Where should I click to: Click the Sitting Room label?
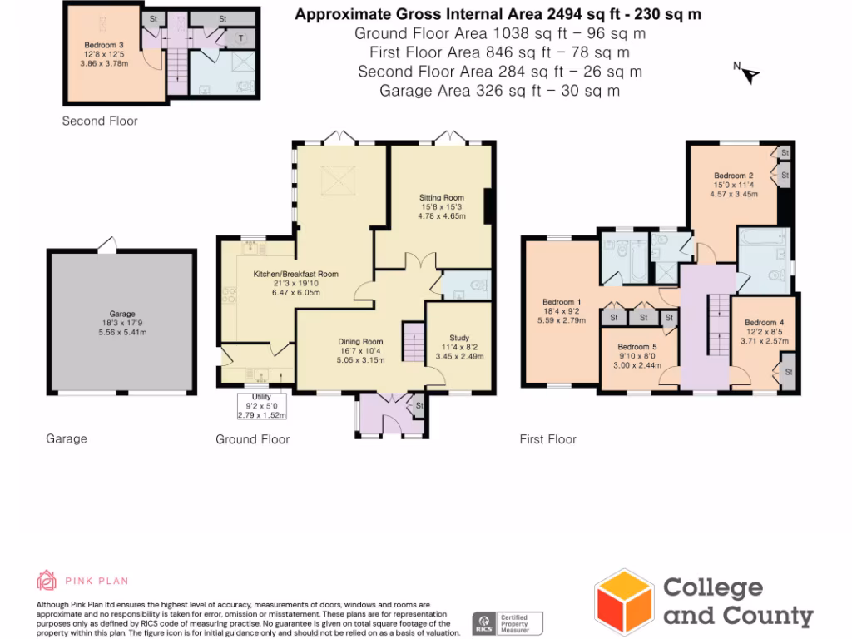pyautogui.click(x=441, y=198)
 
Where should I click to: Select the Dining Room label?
pyautogui.click(x=360, y=341)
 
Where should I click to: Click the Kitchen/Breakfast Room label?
pyautogui.click(x=295, y=274)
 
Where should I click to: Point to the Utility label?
pyautogui.click(x=261, y=397)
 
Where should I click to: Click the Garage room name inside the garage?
pyautogui.click(x=122, y=315)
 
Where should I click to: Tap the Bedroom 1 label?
pyautogui.click(x=562, y=302)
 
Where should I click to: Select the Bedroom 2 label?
pyautogui.click(x=734, y=176)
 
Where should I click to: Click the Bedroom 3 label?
pyautogui.click(x=104, y=45)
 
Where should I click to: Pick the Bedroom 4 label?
pyautogui.click(x=764, y=323)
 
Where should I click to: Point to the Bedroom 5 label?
pyautogui.click(x=637, y=347)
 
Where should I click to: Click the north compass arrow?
pyautogui.click(x=750, y=75)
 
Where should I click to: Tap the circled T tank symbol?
pyautogui.click(x=240, y=37)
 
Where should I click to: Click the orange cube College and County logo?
pyautogui.click(x=623, y=601)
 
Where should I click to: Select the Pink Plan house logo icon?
pyautogui.click(x=47, y=580)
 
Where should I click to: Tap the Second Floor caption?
pyautogui.click(x=100, y=121)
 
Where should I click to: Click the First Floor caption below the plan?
pyautogui.click(x=547, y=438)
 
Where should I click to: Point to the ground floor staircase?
pyautogui.click(x=414, y=341)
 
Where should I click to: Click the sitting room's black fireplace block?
pyautogui.click(x=489, y=202)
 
